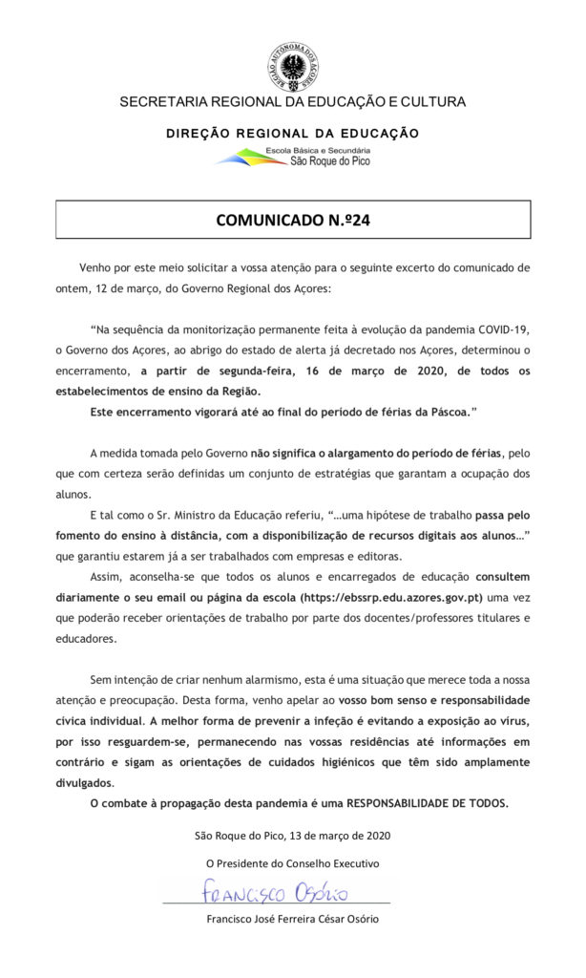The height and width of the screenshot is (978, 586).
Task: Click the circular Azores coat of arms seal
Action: pos(292,69)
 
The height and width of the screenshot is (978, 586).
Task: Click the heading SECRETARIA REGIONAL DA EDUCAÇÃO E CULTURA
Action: pos(292,102)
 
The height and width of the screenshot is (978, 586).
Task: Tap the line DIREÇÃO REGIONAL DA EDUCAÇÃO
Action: pos(292,134)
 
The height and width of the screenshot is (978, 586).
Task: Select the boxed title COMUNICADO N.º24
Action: pos(292,220)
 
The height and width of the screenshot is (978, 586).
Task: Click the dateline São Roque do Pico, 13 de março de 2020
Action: pos(292,836)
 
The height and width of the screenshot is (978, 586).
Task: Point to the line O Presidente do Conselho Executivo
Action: pos(292,863)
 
